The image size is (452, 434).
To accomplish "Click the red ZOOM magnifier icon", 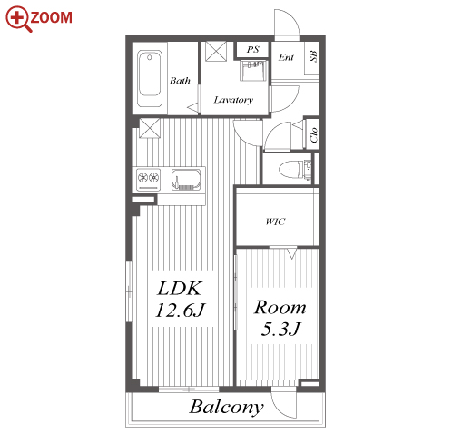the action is [18, 18].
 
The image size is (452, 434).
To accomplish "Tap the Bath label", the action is [180, 81].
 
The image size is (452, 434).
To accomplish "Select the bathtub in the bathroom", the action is [150, 79].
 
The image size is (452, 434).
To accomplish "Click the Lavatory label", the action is [233, 100].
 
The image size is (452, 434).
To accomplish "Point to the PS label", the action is [252, 49].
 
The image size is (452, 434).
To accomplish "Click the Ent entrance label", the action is [286, 57].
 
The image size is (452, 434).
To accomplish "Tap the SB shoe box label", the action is [313, 56].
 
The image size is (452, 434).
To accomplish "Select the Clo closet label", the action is [314, 134].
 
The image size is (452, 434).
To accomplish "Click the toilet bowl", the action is [290, 170].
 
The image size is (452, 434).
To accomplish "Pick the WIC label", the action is [275, 222].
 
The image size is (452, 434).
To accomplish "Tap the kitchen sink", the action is [186, 180].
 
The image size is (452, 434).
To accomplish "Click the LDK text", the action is [180, 288].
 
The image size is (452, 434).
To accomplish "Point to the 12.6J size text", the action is [180, 310].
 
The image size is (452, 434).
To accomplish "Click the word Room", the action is [280, 307].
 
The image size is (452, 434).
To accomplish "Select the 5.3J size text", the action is [280, 329].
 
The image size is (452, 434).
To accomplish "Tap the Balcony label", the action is [226, 408].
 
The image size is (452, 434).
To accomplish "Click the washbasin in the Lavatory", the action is [253, 70].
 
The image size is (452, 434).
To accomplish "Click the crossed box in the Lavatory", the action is [216, 52].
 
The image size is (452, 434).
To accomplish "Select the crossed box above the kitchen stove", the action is [150, 128].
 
